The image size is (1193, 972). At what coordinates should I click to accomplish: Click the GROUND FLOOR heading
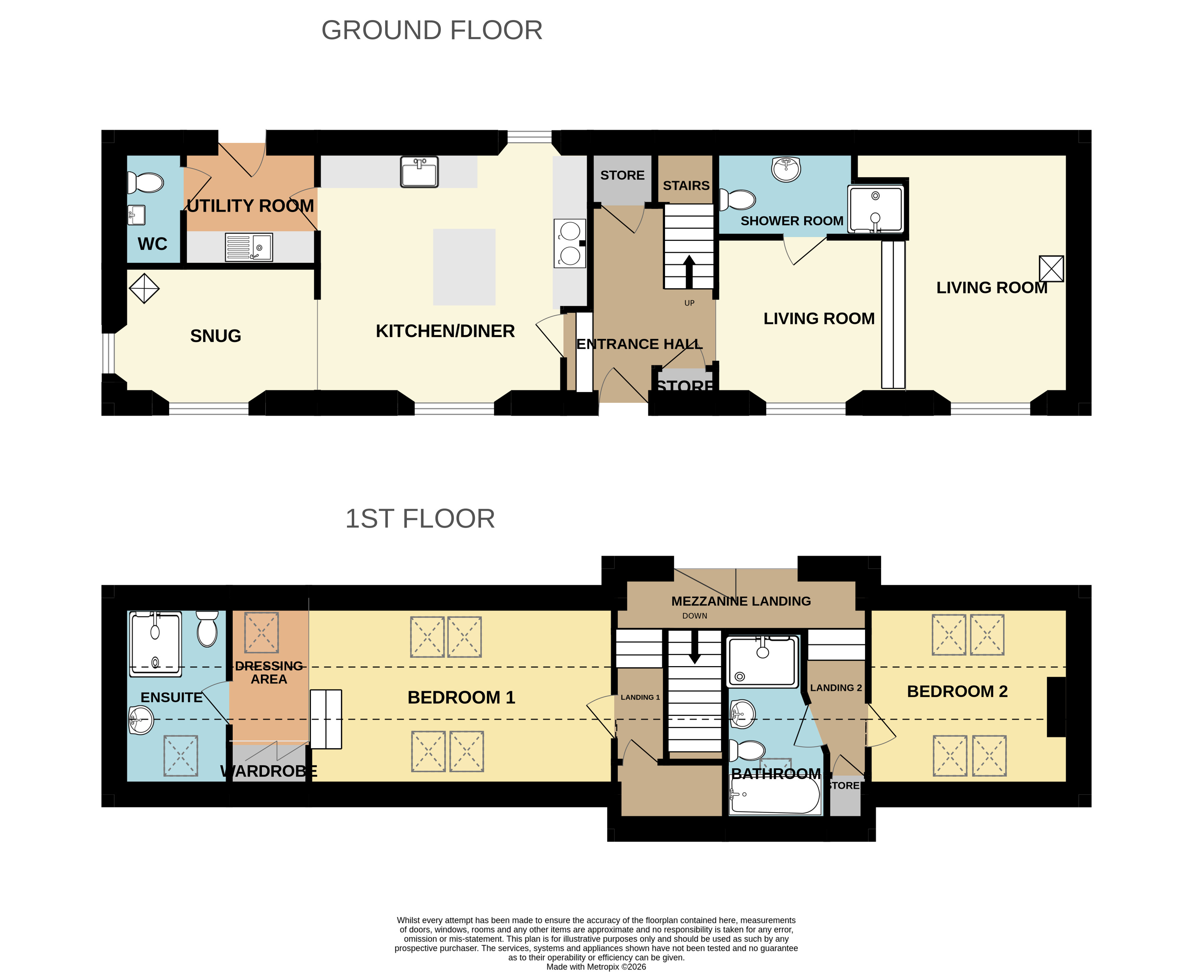coord(432,30)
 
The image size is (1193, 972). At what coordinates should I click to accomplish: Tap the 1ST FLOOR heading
coord(420,518)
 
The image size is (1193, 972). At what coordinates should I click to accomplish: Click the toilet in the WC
coord(146,183)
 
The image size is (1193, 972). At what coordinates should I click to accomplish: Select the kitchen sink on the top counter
coord(419,171)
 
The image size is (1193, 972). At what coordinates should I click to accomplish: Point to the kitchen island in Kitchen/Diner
coord(464,267)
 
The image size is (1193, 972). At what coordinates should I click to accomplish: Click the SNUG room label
coord(216,336)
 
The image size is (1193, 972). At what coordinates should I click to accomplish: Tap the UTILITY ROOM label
coord(250,206)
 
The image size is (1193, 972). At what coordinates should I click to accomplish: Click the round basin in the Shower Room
coord(786,169)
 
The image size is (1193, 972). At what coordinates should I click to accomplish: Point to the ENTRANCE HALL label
coord(639,344)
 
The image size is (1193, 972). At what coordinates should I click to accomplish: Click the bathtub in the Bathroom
coord(775,794)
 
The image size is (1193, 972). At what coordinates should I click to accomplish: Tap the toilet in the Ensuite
coord(207,629)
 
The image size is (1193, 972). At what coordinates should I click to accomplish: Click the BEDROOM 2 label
coord(957,691)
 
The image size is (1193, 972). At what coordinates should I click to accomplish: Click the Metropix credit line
coord(596,967)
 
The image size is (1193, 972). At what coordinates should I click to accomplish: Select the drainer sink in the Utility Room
coord(249,247)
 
